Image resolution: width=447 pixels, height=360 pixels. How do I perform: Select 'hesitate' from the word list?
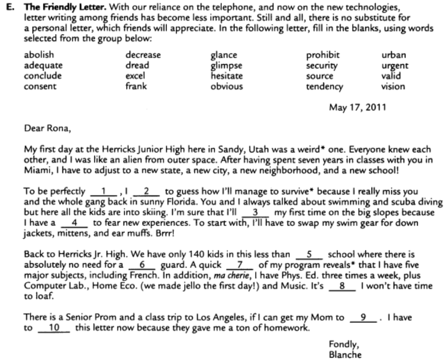coord(227,76)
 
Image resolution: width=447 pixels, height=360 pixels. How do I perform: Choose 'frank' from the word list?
coord(136,86)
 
